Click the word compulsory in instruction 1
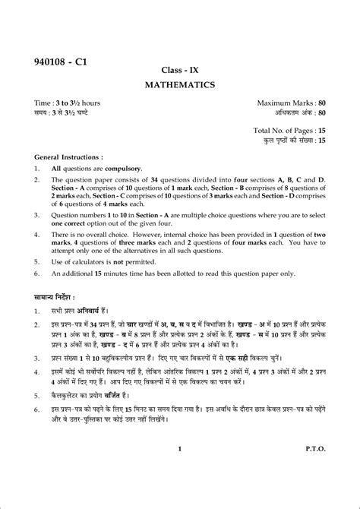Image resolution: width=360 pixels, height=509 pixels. (110, 168)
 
